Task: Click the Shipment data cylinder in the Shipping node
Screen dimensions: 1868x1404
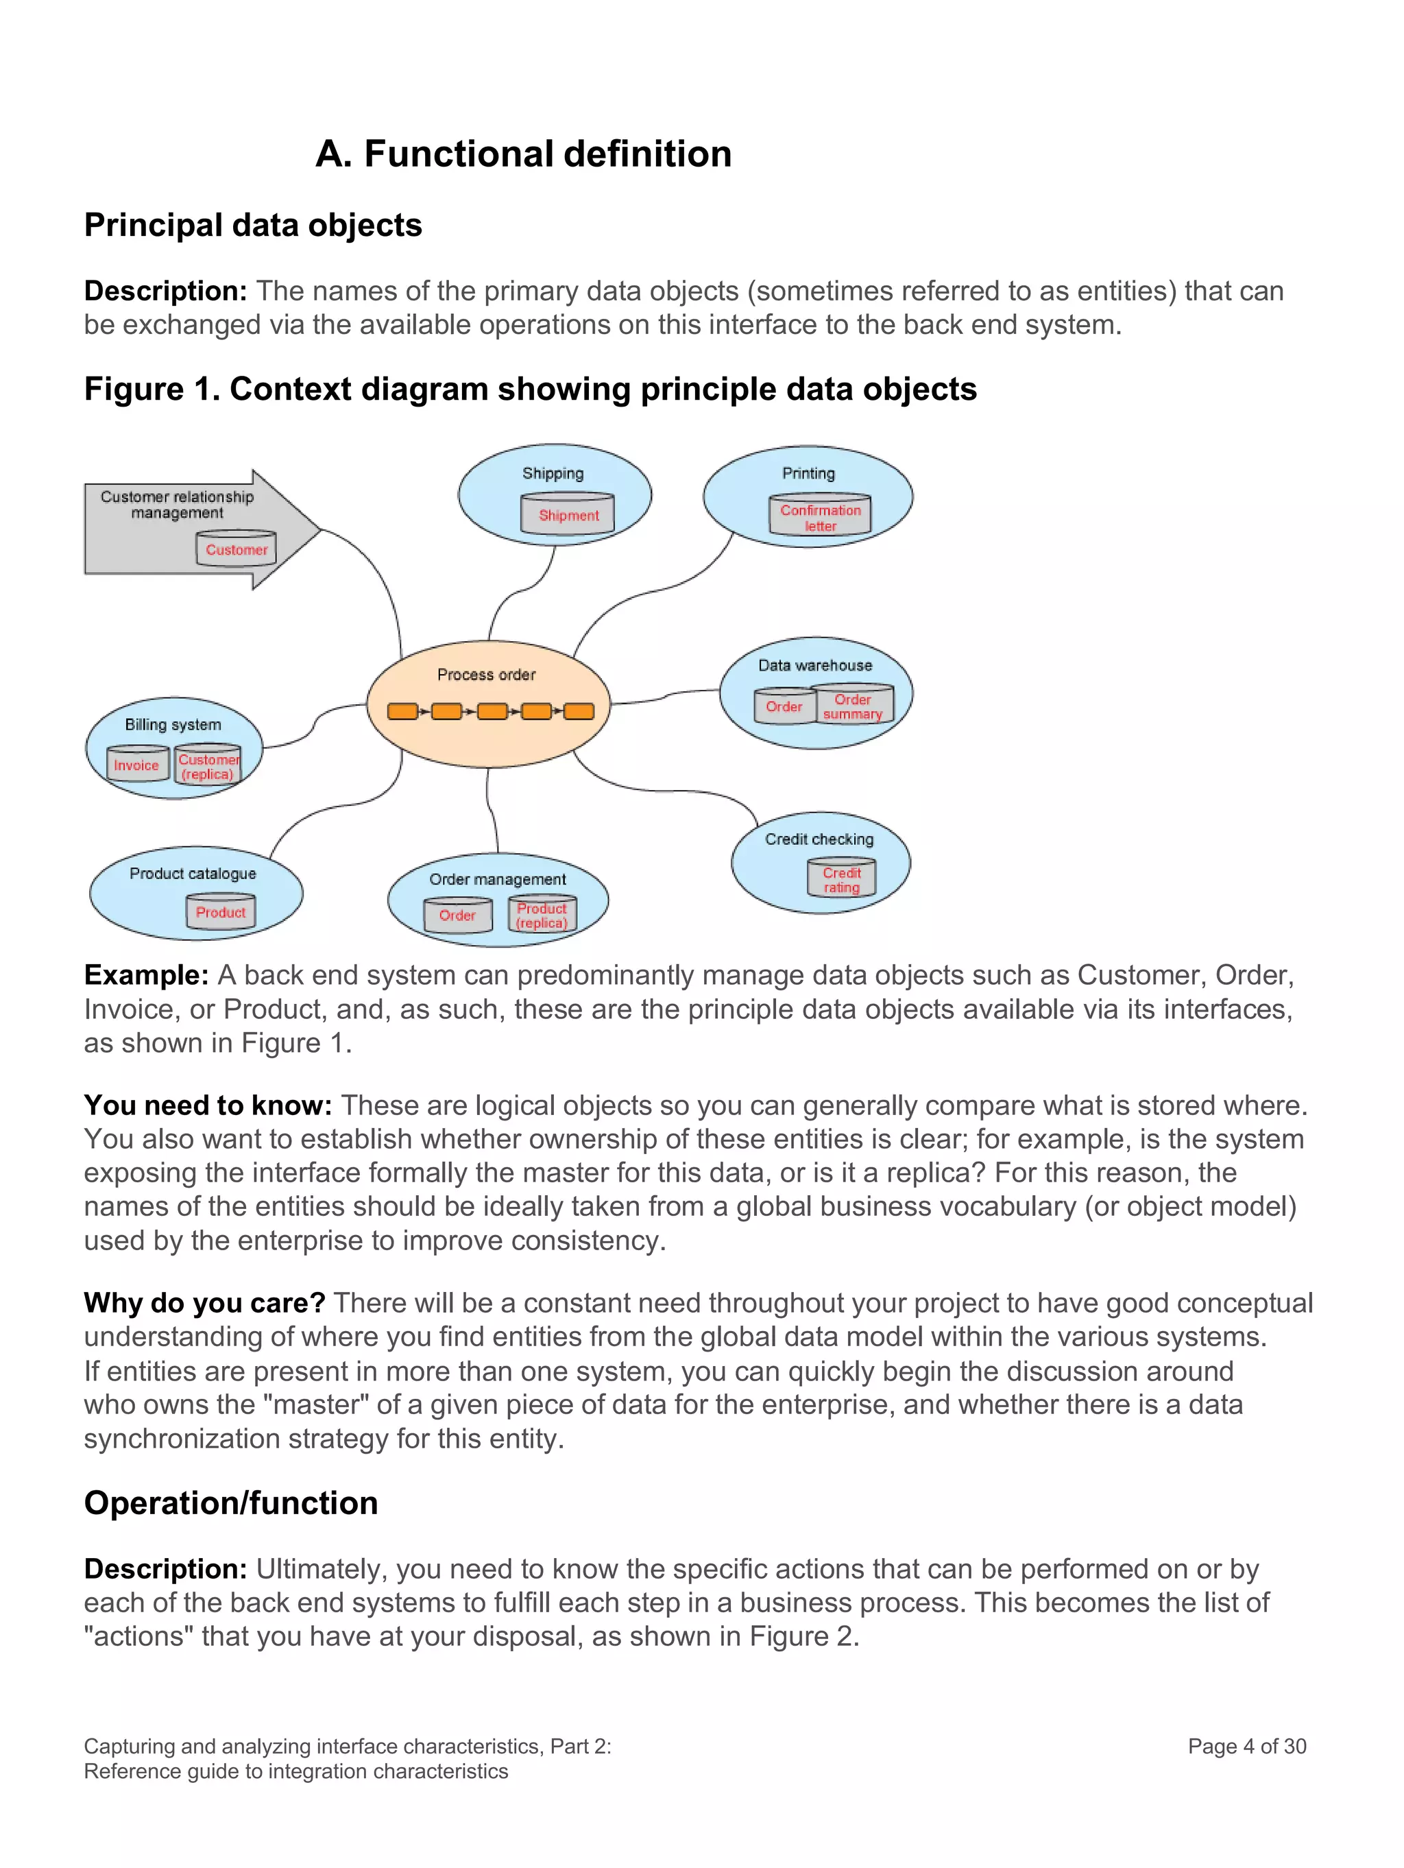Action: click(568, 514)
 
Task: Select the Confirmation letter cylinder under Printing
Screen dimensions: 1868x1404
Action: click(819, 516)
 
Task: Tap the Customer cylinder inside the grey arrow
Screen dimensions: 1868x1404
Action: click(236, 549)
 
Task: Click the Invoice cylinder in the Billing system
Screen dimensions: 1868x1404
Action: click(137, 764)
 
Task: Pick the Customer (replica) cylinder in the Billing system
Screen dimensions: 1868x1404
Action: click(208, 766)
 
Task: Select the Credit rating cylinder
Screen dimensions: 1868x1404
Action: click(841, 879)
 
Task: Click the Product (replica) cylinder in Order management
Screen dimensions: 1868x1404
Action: click(542, 915)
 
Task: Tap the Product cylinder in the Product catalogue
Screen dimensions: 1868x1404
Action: click(220, 912)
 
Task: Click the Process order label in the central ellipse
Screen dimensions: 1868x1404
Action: click(485, 674)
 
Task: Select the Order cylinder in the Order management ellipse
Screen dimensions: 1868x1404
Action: click(457, 915)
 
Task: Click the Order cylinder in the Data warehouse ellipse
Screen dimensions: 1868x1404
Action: click(784, 706)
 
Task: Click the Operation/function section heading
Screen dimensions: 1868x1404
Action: click(230, 1502)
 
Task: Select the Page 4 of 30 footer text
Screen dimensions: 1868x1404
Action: click(1246, 1745)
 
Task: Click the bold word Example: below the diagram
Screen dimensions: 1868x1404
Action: click(146, 974)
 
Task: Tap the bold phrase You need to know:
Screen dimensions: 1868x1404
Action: click(208, 1105)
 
